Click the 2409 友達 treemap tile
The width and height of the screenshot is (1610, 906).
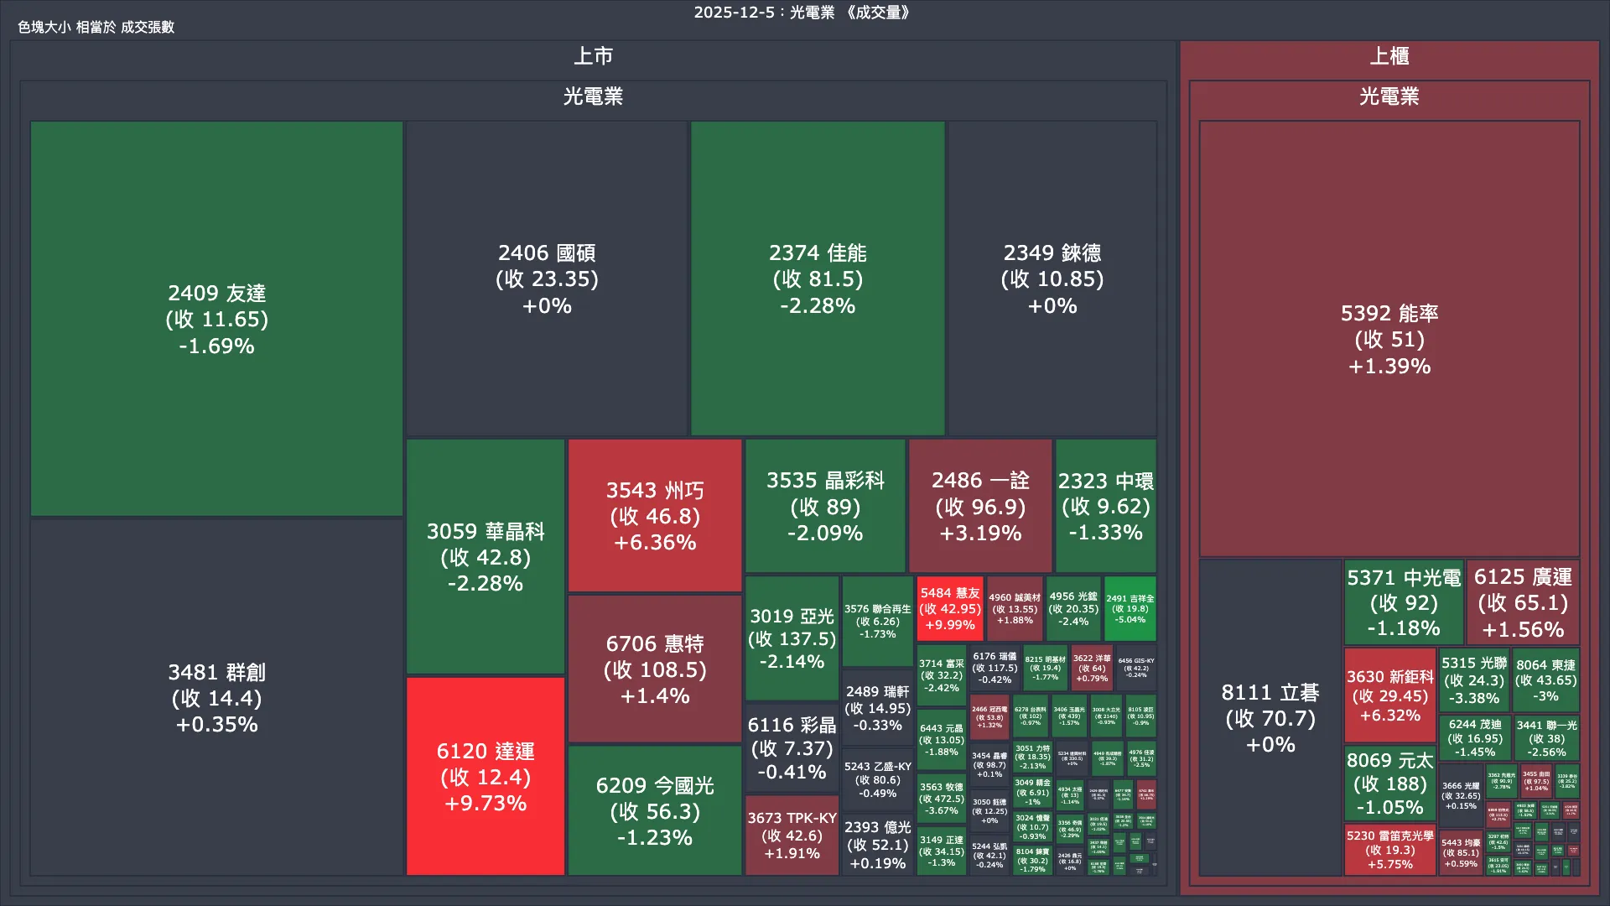(216, 319)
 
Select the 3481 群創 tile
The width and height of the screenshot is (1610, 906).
(216, 697)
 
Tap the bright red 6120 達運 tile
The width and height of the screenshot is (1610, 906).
(485, 776)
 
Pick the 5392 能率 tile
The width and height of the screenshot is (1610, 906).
(1389, 339)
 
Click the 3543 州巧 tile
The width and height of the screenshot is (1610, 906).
(654, 515)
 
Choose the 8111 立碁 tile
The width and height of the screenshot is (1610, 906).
(1270, 717)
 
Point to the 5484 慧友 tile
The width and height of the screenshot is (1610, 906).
(949, 608)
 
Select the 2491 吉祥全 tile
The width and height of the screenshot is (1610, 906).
(1130, 608)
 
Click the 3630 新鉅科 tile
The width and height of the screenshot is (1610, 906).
(1389, 695)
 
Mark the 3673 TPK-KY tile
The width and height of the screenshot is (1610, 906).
(792, 835)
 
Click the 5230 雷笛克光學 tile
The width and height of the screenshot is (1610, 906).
(1389, 849)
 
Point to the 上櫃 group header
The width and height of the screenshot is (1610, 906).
(1389, 56)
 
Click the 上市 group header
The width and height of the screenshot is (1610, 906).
(593, 56)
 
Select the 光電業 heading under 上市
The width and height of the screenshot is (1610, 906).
(593, 96)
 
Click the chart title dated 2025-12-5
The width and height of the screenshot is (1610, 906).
(802, 13)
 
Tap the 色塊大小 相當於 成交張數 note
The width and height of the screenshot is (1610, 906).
(96, 27)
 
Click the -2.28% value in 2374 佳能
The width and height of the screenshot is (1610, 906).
(818, 305)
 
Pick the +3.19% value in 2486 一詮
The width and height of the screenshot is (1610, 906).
(980, 533)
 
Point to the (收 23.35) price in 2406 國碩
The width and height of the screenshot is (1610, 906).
(547, 279)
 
